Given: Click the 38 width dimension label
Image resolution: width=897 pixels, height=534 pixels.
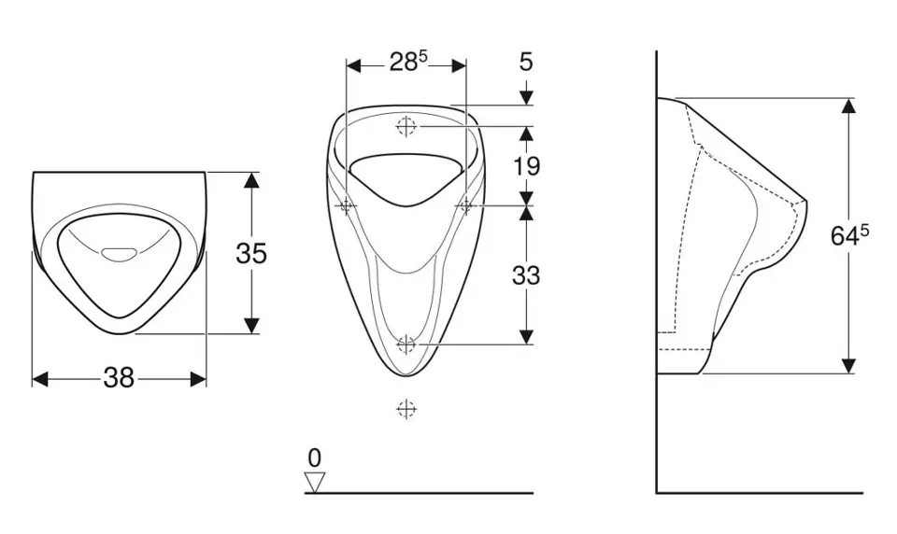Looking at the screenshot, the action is (x=119, y=378).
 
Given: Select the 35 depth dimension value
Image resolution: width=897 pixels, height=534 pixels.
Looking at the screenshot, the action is (x=251, y=253).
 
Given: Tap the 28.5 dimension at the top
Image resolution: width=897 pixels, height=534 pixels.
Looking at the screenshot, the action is (x=408, y=62).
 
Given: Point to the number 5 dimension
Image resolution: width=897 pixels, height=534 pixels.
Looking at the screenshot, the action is (x=526, y=62).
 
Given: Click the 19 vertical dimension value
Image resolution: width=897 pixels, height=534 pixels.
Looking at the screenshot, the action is (x=526, y=166).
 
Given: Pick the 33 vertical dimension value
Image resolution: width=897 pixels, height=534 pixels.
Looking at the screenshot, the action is (x=526, y=275).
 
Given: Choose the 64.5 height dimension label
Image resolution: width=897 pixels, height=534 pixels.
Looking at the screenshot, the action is (x=849, y=235).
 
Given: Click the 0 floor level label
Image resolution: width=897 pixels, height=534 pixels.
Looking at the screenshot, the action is (x=314, y=458).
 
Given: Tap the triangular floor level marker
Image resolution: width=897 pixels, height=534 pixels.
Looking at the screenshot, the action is (x=315, y=482).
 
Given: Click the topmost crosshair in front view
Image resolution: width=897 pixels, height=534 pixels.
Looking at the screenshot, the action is (x=406, y=126).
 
